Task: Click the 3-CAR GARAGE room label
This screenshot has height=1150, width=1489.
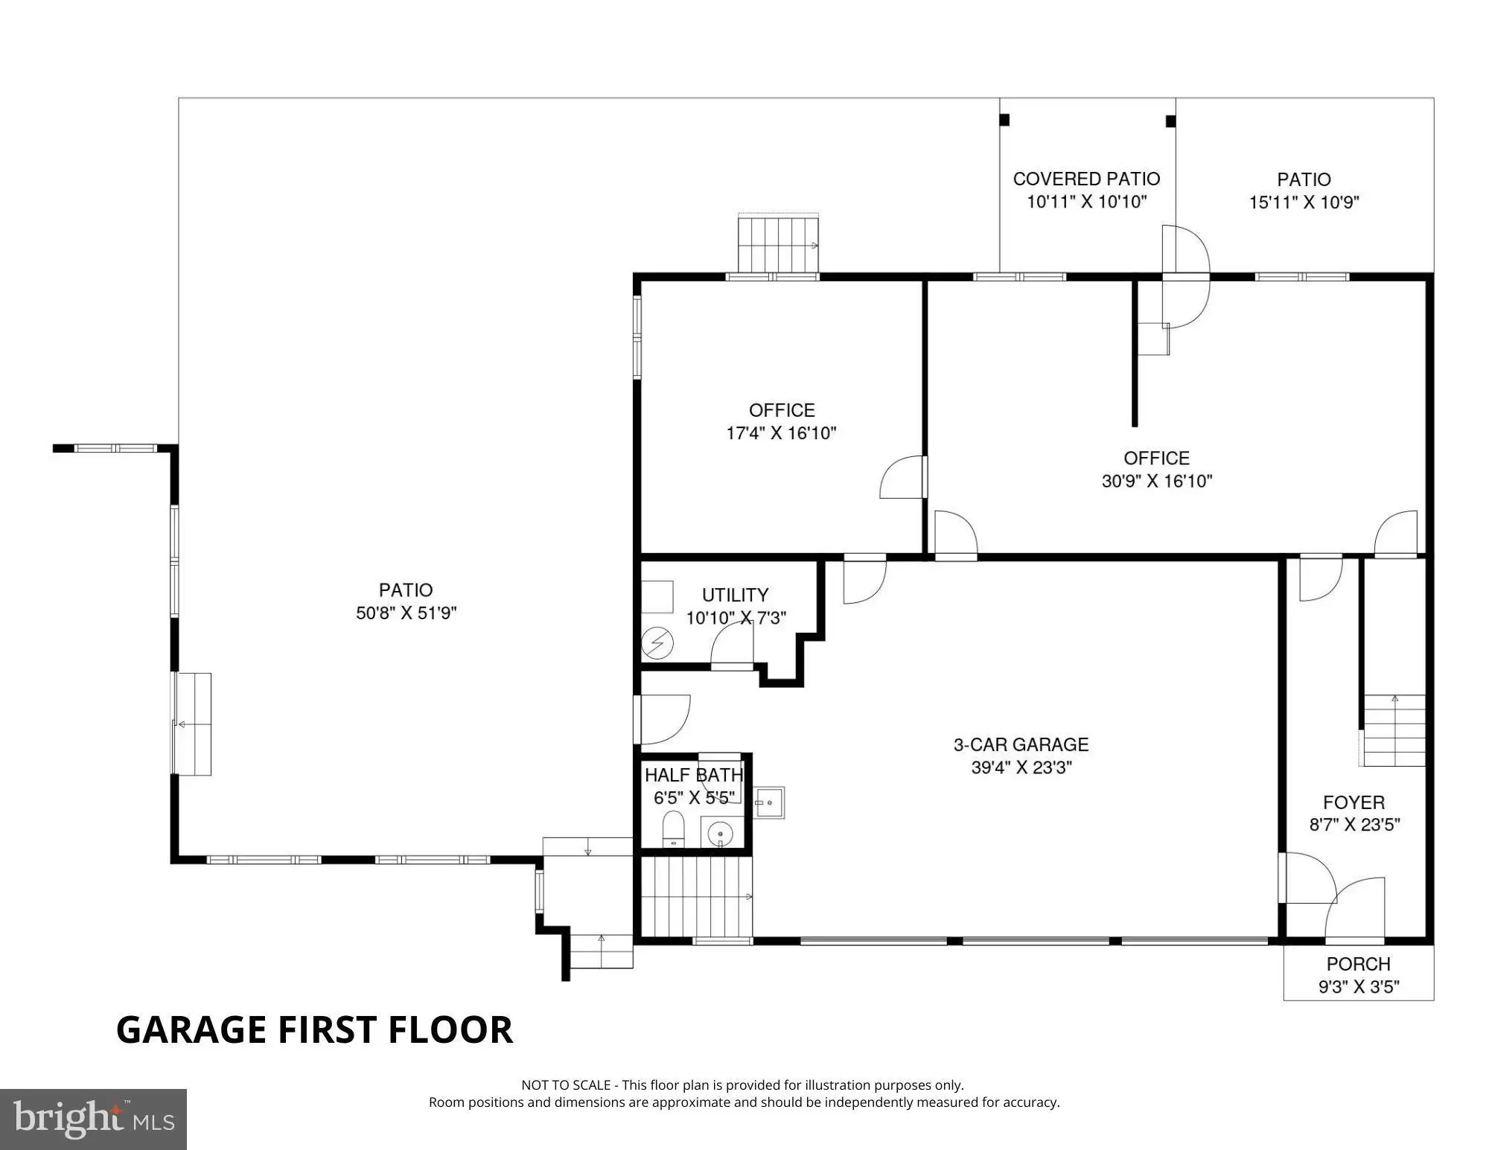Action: click(x=1021, y=744)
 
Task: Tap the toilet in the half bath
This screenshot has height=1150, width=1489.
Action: click(x=673, y=830)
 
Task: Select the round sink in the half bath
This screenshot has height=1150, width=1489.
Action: click(x=720, y=834)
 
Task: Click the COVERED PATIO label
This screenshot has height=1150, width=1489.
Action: click(x=1086, y=179)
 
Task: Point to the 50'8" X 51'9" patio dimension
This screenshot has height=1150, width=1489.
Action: click(x=406, y=613)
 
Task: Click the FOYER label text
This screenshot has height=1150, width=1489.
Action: click(x=1354, y=802)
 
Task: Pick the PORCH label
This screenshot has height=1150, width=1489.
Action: click(x=1358, y=964)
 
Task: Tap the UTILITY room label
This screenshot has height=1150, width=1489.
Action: click(x=735, y=595)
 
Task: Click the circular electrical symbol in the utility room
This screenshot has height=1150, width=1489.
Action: click(x=657, y=644)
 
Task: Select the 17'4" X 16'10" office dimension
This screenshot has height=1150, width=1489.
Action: click(x=782, y=433)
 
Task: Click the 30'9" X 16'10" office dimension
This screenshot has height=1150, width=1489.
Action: click(x=1157, y=481)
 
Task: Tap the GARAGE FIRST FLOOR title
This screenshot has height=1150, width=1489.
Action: click(x=314, y=1029)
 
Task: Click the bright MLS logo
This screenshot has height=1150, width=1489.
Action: click(x=93, y=1119)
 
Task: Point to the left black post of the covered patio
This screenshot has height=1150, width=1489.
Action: click(x=1004, y=120)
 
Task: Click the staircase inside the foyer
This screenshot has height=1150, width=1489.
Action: click(x=1394, y=730)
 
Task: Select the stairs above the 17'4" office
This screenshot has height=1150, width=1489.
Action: click(x=778, y=244)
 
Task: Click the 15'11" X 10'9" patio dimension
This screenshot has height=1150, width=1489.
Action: click(x=1304, y=202)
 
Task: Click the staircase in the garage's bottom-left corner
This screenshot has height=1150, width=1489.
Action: click(x=696, y=896)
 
